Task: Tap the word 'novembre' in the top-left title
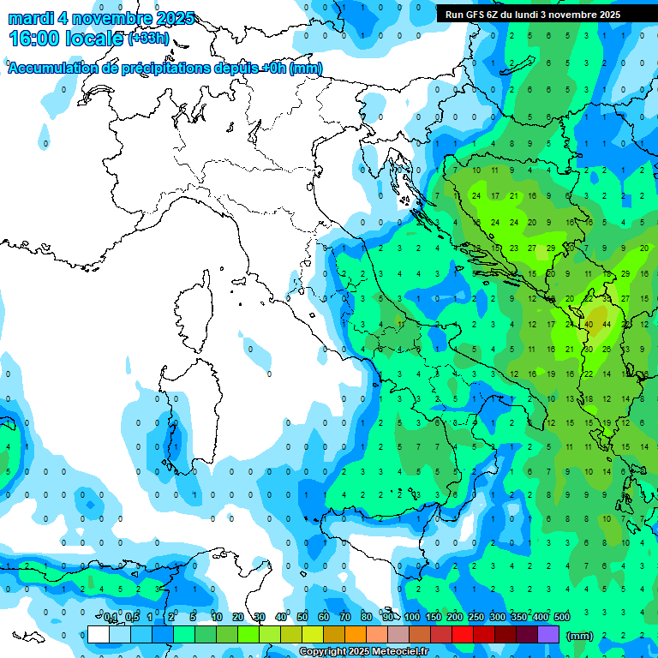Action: pos(107,18)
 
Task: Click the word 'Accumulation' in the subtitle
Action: pos(52,69)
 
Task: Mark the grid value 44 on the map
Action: pos(607,325)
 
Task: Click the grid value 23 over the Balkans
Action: pos(514,248)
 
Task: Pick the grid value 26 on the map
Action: pos(607,349)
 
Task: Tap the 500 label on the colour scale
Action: pos(562,618)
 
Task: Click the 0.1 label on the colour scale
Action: pos(111,618)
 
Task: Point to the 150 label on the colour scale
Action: pos(434,618)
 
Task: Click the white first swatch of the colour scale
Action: pos(99,635)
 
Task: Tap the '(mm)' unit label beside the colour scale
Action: pos(580,636)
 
